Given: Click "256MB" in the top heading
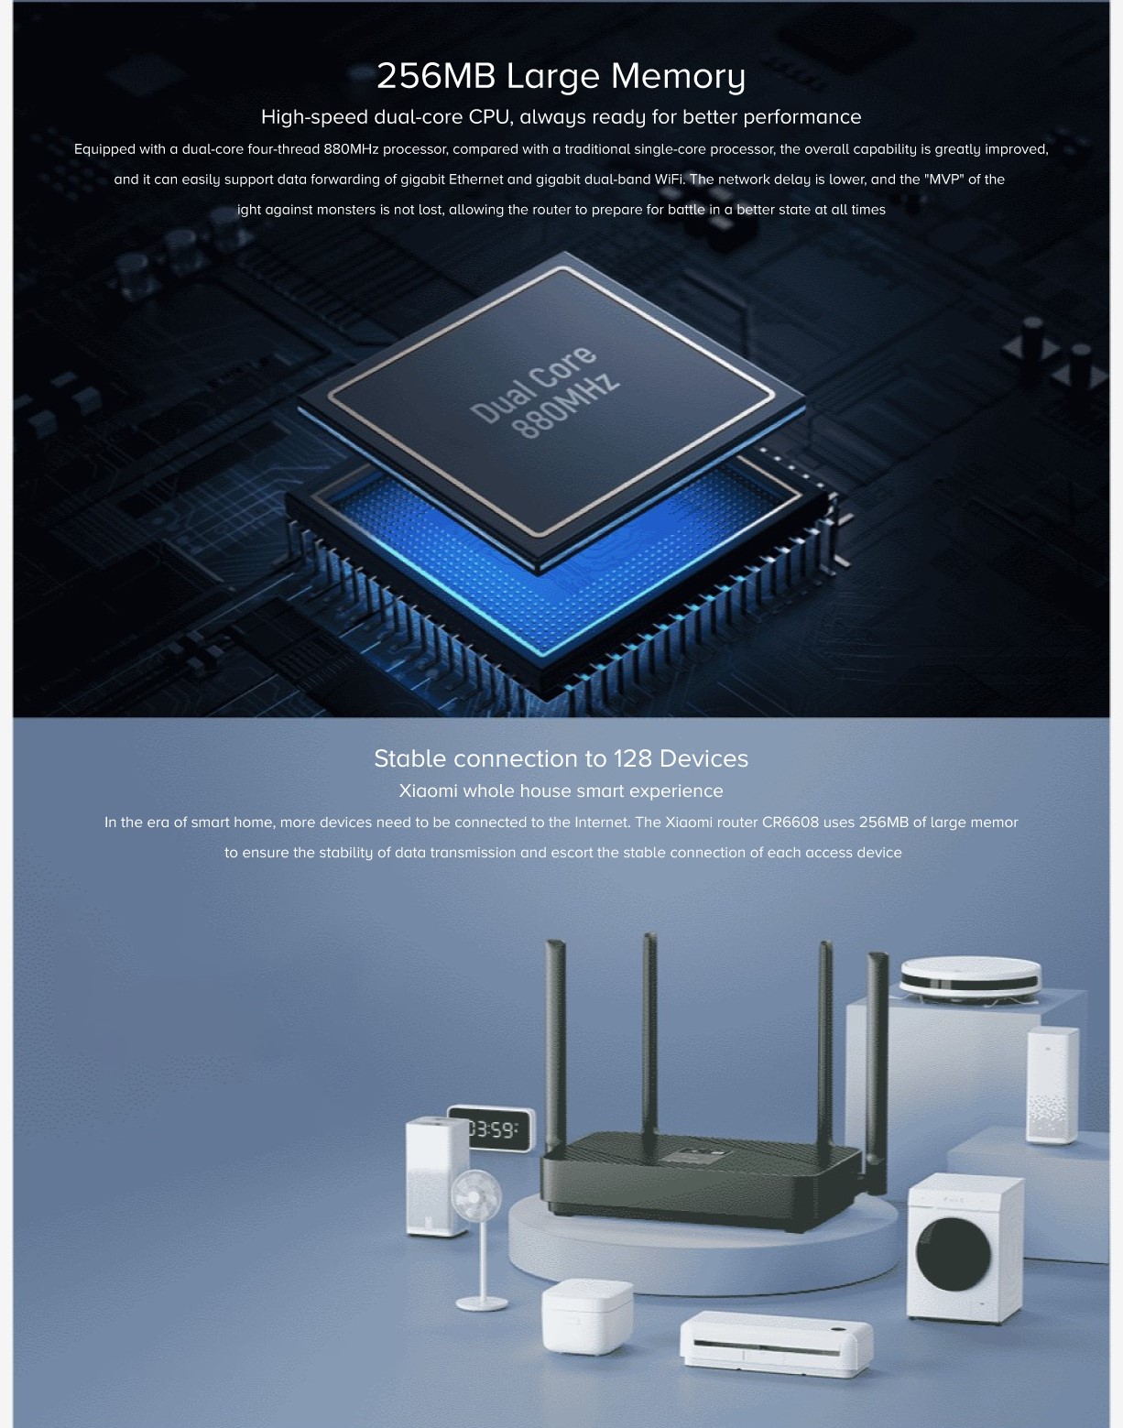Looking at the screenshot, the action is tap(436, 76).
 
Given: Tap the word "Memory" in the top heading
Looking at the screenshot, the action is tap(678, 77).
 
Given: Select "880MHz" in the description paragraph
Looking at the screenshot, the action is tap(351, 149).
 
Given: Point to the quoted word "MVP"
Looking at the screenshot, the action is tap(943, 180).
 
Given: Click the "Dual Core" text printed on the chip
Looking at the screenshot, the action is tap(533, 384).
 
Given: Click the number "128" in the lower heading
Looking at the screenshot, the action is tap(633, 758).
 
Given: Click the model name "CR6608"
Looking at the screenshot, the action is tap(790, 823).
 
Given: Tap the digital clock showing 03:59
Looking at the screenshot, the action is tap(492, 1128).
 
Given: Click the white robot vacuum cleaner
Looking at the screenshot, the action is tap(970, 978).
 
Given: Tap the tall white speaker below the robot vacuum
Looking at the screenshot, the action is tap(1052, 1085).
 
